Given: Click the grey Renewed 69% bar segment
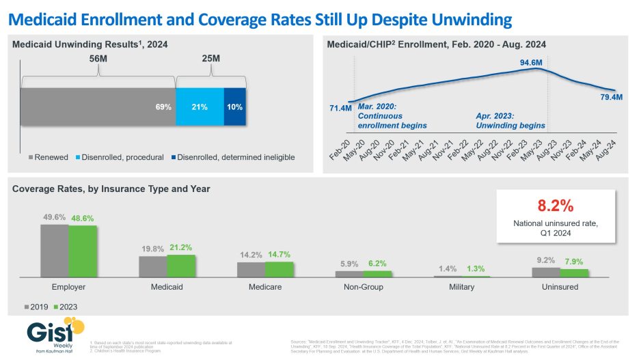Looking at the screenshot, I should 98,107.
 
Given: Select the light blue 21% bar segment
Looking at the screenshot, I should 200,107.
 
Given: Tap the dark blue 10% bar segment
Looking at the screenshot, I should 234,107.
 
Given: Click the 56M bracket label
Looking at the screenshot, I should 98,59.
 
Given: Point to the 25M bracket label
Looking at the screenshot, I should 211,59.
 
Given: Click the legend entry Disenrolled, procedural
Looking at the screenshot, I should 122,157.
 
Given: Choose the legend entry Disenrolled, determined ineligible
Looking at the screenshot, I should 235,157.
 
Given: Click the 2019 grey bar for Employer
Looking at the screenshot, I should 54,250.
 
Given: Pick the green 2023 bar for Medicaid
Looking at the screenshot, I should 181,265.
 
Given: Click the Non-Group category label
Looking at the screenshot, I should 363,287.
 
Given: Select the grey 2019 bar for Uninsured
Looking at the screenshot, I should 545,272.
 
